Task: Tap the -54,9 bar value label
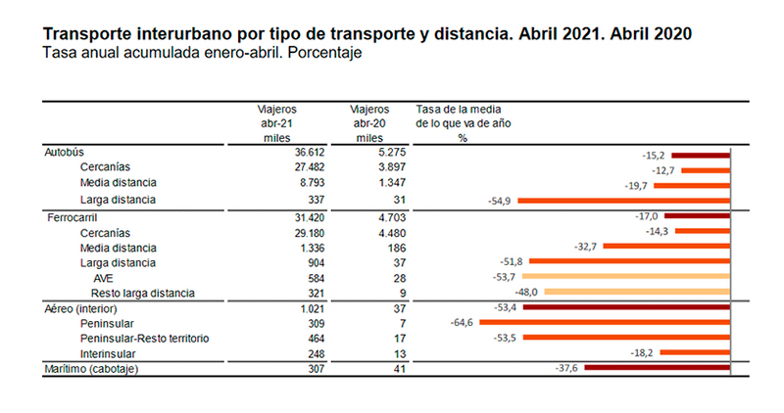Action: tap(501, 200)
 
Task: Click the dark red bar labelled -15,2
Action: tap(700, 155)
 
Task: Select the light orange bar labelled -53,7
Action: tap(632, 278)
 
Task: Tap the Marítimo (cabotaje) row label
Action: tap(94, 368)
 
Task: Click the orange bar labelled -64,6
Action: tap(604, 322)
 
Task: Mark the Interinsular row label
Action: tap(110, 352)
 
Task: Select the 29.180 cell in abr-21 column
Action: tap(280, 232)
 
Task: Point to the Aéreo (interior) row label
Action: tap(85, 308)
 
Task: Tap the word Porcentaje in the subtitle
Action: tap(328, 53)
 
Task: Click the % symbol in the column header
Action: tap(463, 138)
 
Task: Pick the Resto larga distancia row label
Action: tap(143, 293)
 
